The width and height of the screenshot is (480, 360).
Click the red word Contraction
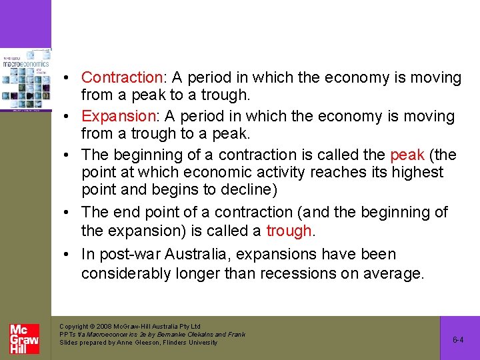coord(122,78)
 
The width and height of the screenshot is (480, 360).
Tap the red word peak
coord(407,155)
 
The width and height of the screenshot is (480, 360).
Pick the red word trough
coord(288,231)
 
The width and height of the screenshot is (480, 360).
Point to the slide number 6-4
coord(458,339)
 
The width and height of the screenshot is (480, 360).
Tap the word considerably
coord(129,274)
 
